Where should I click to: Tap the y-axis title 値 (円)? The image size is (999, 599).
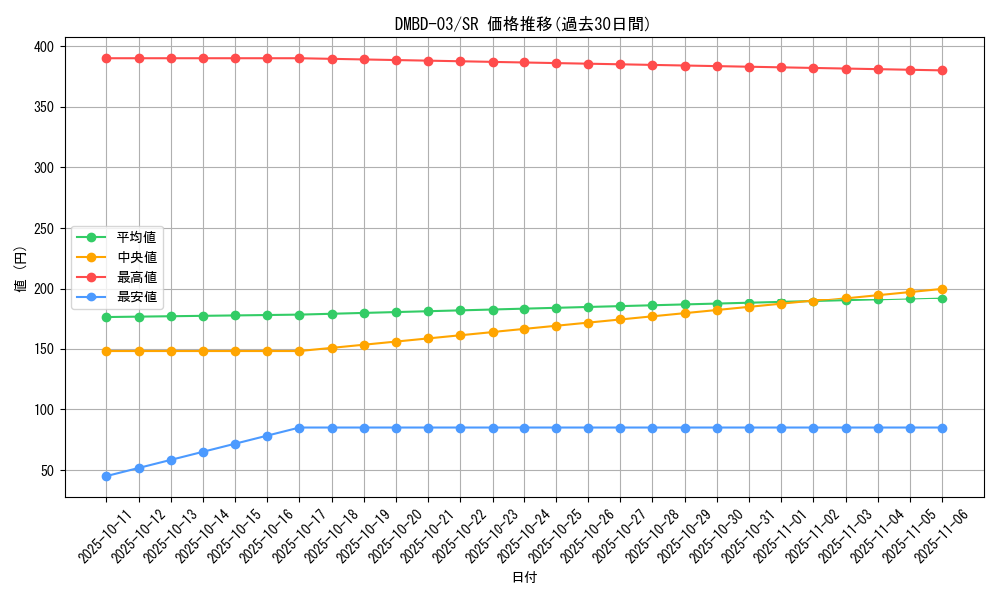(21, 271)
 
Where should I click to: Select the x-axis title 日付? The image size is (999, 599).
(524, 578)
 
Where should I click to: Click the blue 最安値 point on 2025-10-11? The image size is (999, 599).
(106, 476)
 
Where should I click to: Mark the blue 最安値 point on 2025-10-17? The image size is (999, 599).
(299, 428)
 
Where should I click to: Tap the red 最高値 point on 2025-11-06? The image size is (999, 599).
(942, 70)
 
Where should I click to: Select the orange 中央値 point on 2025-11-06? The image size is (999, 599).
(942, 289)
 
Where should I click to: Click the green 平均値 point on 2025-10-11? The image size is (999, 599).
(106, 317)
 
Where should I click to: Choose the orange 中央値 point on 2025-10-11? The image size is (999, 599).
(106, 351)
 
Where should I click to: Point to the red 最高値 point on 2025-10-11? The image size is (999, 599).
(106, 58)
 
